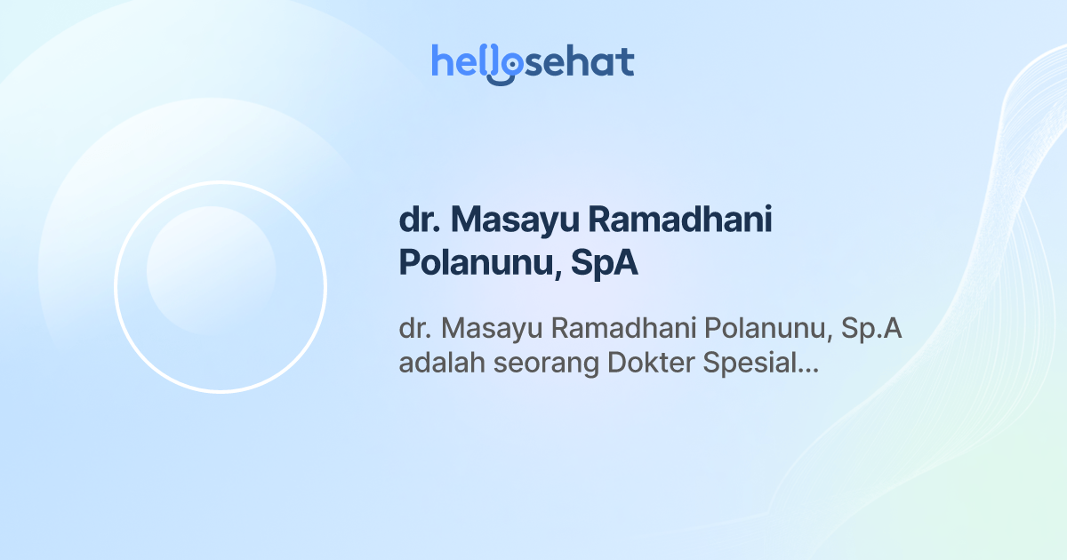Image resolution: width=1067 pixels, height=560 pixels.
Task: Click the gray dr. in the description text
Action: [x=414, y=329]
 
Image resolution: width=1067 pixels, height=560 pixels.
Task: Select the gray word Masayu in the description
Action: [x=492, y=329]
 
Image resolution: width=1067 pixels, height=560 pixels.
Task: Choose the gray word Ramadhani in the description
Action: [x=623, y=329]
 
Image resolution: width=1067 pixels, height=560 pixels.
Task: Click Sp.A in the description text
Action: [x=871, y=329]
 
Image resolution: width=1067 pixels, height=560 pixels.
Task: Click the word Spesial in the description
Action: [x=752, y=364]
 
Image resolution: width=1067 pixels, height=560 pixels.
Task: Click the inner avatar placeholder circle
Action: [x=211, y=270]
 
